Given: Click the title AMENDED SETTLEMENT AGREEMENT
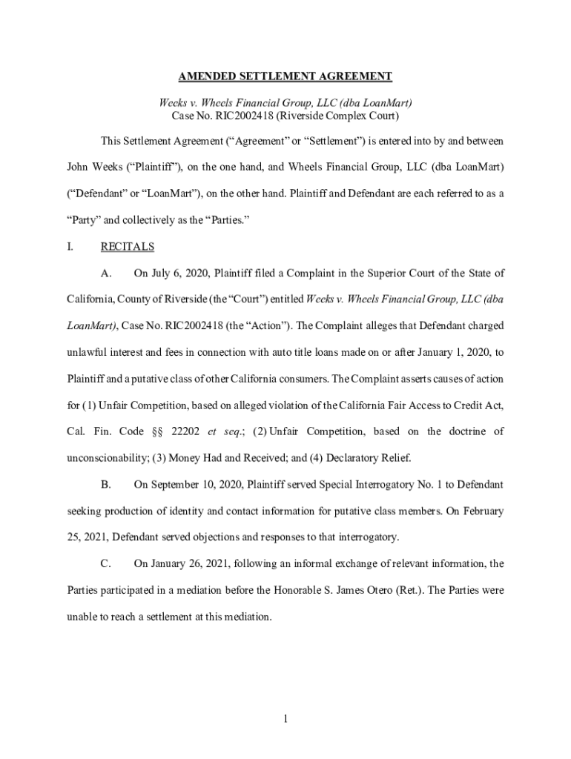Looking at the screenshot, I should tap(285, 76).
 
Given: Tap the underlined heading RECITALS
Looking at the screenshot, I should tap(127, 246).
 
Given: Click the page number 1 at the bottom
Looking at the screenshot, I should tap(285, 718).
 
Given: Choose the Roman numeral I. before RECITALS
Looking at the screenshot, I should tap(70, 246).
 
